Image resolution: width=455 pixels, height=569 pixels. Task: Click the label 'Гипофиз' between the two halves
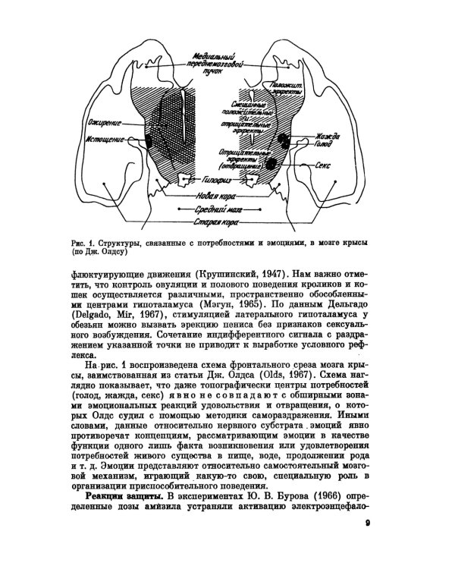pyautogui.click(x=217, y=182)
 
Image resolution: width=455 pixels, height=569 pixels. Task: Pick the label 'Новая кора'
pyautogui.click(x=215, y=195)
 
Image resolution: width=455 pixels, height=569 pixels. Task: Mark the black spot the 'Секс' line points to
pyautogui.click(x=271, y=164)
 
